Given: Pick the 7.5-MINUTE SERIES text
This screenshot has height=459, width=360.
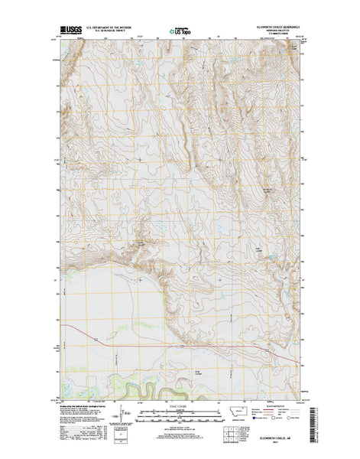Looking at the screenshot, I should point(274,37).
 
